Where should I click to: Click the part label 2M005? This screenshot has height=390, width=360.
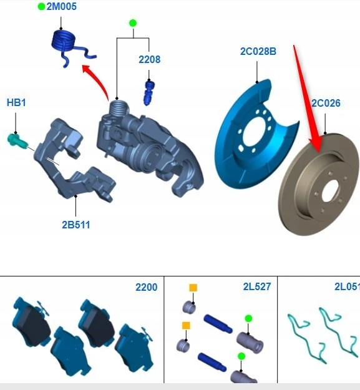[61, 6]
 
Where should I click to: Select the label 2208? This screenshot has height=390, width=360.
[149, 59]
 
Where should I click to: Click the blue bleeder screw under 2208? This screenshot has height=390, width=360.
[148, 92]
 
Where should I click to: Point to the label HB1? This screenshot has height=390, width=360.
[16, 102]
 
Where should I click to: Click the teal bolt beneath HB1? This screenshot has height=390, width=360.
[17, 141]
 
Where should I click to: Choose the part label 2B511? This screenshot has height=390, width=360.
[76, 225]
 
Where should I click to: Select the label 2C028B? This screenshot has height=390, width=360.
[258, 51]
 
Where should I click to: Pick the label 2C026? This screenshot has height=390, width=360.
[326, 103]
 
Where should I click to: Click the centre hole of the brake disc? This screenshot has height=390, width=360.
[330, 191]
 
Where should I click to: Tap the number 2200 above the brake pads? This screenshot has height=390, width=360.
[147, 287]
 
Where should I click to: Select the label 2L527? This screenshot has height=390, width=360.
[257, 287]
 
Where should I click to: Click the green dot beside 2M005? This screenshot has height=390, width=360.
[42, 7]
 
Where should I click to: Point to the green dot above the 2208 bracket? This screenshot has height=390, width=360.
[133, 23]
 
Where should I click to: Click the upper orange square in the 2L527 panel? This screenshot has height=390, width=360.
[193, 288]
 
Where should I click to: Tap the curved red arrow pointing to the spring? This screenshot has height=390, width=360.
[98, 80]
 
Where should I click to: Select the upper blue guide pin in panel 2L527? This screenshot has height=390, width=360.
[218, 324]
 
